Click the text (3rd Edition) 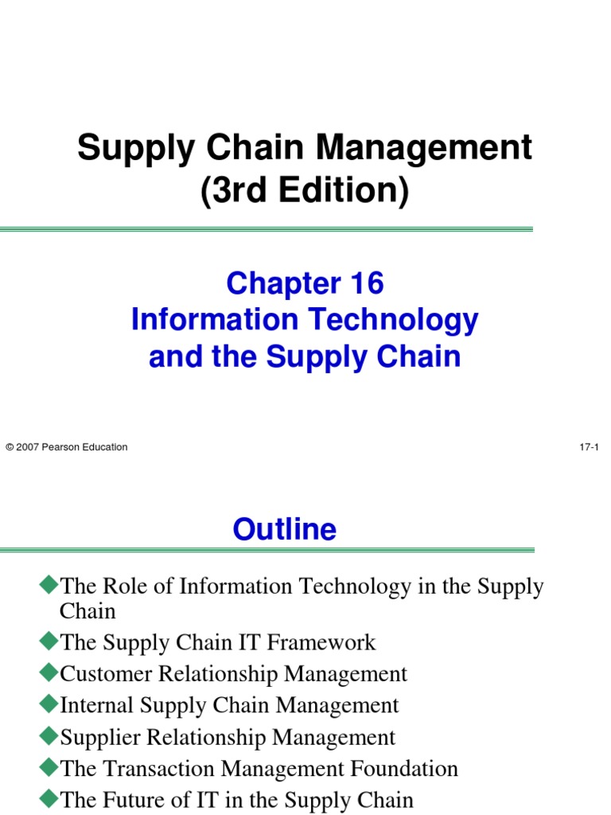tap(305, 192)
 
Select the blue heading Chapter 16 tap(305, 283)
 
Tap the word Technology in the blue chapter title tap(394, 320)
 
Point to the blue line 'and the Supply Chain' tap(305, 357)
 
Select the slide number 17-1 tap(589, 447)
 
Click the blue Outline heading tap(285, 529)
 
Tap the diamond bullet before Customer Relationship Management tap(49, 673)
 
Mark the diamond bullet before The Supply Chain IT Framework tap(49, 641)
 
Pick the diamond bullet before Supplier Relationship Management tap(49, 736)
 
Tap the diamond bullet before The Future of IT tap(49, 799)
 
